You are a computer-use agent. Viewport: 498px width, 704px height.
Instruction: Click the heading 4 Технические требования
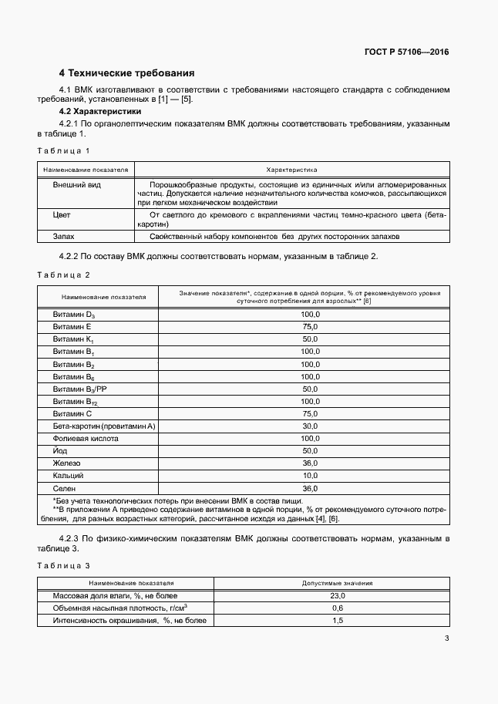coord(126,73)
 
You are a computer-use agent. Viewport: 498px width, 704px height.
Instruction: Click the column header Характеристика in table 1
coord(291,169)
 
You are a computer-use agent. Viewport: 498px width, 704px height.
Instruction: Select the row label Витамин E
coord(72,327)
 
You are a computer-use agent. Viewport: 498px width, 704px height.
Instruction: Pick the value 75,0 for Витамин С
coord(310,413)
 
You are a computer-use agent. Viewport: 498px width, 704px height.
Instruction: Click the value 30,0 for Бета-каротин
coord(310,426)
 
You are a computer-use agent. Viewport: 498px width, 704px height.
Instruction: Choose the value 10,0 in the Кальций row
coord(310,476)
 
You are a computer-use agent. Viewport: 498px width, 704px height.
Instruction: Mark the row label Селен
coord(64,488)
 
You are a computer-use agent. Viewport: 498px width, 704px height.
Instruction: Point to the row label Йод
coord(61,450)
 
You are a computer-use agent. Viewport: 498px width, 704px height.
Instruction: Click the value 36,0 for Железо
coord(310,463)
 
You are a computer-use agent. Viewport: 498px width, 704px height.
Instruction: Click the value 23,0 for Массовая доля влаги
coord(338,596)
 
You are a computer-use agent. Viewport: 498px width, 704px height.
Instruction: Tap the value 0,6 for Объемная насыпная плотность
coord(338,608)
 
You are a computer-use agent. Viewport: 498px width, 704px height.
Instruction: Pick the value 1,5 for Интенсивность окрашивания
coord(338,620)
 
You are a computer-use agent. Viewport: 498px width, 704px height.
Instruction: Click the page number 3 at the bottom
coord(446,638)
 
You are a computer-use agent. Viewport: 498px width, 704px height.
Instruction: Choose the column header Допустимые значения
coord(338,583)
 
